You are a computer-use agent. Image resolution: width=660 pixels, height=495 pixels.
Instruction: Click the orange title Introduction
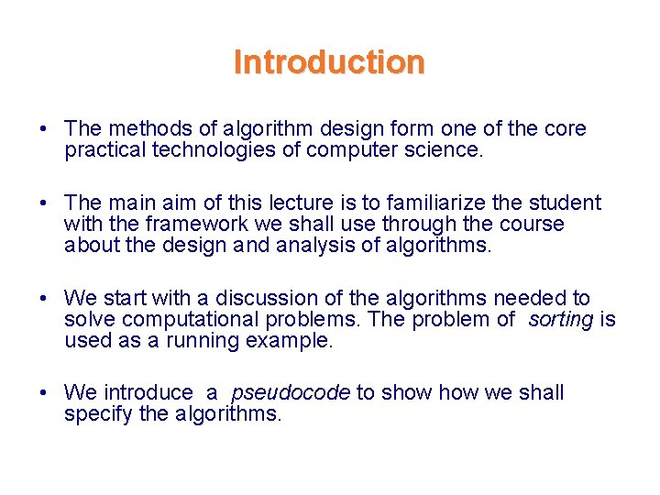click(x=329, y=62)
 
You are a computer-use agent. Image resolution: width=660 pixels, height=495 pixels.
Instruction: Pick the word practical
click(x=103, y=150)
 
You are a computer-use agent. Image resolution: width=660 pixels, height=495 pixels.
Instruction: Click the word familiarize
click(x=441, y=203)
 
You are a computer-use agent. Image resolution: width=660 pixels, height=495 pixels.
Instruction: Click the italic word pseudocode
click(x=290, y=393)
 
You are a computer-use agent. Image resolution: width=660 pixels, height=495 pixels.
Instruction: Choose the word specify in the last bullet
click(x=94, y=414)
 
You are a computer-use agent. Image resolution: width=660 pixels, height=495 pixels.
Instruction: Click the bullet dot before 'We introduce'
click(x=43, y=393)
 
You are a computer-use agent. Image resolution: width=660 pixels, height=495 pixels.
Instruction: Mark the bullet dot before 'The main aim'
click(x=43, y=203)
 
